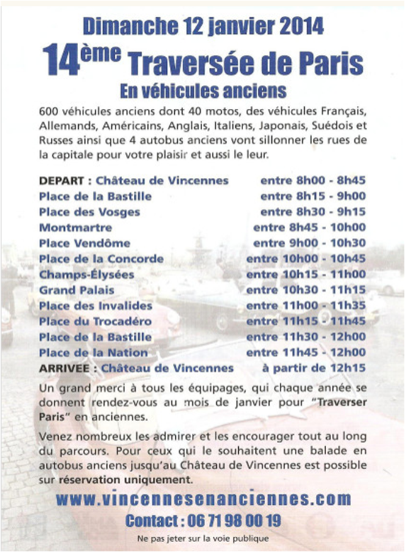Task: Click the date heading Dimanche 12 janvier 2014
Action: click(202, 26)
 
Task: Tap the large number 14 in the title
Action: click(62, 61)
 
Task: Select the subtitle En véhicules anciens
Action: click(203, 90)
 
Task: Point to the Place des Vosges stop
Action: click(89, 212)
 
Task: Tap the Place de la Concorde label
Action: click(101, 259)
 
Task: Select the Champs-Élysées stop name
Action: click(86, 274)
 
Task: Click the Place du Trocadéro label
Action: click(95, 321)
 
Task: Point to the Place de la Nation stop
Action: click(93, 353)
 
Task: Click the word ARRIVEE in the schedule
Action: click(67, 368)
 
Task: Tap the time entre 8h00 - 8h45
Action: click(313, 181)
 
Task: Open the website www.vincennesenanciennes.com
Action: click(203, 499)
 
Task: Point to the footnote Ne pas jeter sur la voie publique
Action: click(202, 539)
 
